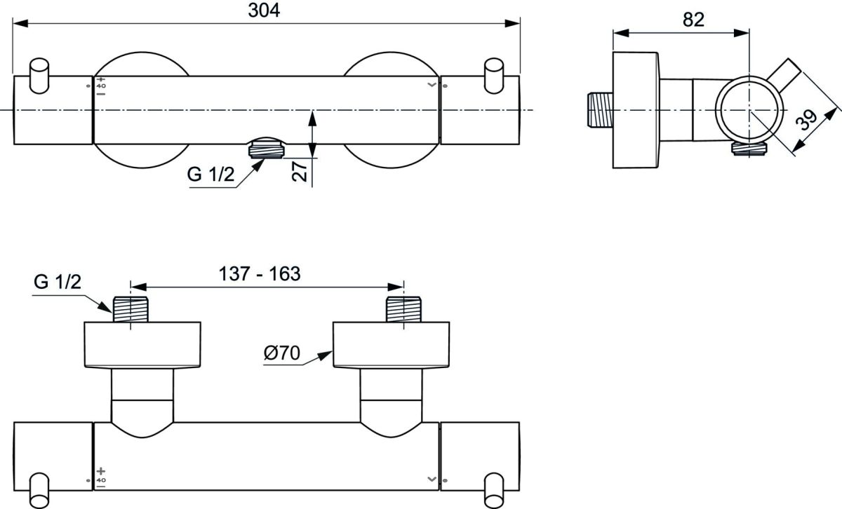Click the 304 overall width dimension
[x=264, y=11]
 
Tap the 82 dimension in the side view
[x=693, y=20]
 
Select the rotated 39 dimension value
[x=808, y=120]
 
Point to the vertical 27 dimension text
[x=300, y=171]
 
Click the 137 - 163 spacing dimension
[x=260, y=274]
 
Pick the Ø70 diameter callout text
[x=282, y=353]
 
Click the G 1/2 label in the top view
[x=210, y=175]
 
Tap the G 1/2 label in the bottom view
[x=57, y=282]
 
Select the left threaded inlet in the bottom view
[x=131, y=309]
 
